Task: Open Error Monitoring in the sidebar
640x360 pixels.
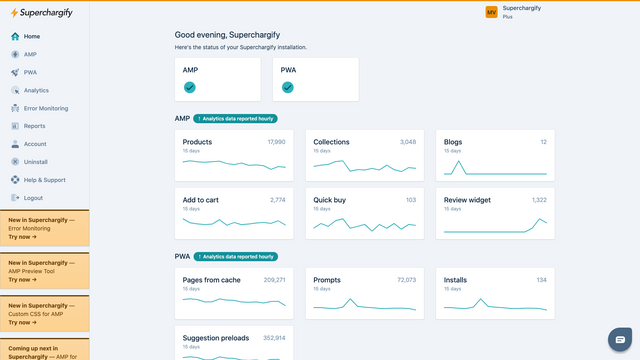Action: coord(45,107)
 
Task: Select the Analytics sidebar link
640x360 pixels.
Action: coord(36,90)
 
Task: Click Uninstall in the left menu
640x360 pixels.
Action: coord(36,161)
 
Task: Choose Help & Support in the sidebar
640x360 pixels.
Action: coord(44,179)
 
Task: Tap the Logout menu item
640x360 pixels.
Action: coord(33,197)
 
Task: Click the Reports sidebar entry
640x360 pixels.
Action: coord(34,126)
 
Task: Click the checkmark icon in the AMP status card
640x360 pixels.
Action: coord(189,88)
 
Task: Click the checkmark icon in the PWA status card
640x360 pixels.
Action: coord(287,88)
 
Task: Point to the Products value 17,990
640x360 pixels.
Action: coord(276,142)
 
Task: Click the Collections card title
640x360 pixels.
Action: coord(331,142)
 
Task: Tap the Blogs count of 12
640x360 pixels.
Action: coord(543,142)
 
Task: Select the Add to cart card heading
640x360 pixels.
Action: coord(200,200)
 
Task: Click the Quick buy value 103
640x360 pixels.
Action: coord(410,200)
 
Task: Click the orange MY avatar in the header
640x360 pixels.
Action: coord(491,12)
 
